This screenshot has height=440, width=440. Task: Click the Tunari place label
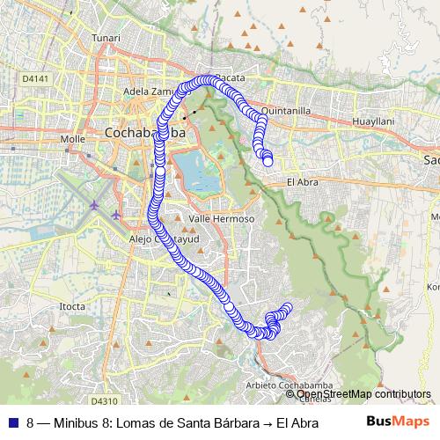106,63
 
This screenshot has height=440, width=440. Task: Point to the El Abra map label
302,182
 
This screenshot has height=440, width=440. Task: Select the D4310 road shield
104,374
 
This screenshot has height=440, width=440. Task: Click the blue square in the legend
12,422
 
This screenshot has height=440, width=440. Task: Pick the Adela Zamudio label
150,91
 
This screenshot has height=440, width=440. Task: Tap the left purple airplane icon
95,205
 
